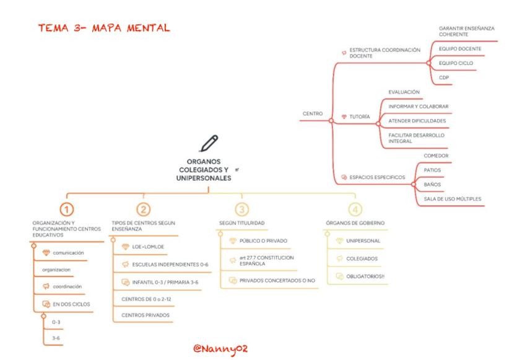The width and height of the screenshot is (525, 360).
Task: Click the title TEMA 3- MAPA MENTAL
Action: coord(103,29)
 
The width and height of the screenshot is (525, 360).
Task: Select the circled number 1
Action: coord(67,209)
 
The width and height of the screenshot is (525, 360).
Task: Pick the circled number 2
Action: coord(143,209)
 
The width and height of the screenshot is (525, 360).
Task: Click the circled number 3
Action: coord(242,209)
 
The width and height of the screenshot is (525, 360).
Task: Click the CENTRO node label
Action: coord(312,113)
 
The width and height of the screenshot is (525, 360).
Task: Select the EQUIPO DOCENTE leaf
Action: coord(459,48)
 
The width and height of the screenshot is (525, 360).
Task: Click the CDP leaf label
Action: coord(444,77)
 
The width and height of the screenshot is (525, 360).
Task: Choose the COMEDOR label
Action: coord(436,156)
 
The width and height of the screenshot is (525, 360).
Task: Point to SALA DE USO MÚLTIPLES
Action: coord(452,199)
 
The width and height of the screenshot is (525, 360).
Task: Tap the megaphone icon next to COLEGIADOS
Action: coord(339,258)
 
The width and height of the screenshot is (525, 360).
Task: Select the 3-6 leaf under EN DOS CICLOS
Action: coord(56,338)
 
